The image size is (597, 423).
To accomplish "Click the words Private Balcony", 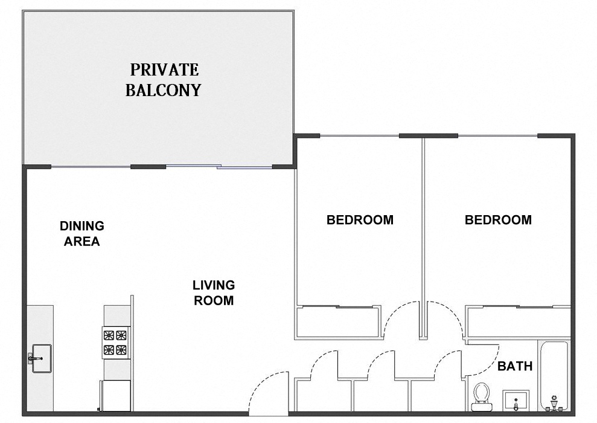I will [162, 80].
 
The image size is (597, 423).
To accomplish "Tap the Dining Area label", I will [81, 234].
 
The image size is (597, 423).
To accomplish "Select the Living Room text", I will [214, 292].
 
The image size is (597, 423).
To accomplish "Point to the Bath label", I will [515, 366].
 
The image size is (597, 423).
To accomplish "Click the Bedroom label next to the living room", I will [360, 220].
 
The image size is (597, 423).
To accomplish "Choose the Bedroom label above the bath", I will [498, 220].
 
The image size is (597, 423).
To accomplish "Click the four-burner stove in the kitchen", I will [116, 342].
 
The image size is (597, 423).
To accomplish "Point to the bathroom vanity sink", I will [515, 401].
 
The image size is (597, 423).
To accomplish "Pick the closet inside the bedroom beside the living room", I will [338, 320].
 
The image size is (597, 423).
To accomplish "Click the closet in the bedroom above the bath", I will [518, 320].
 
